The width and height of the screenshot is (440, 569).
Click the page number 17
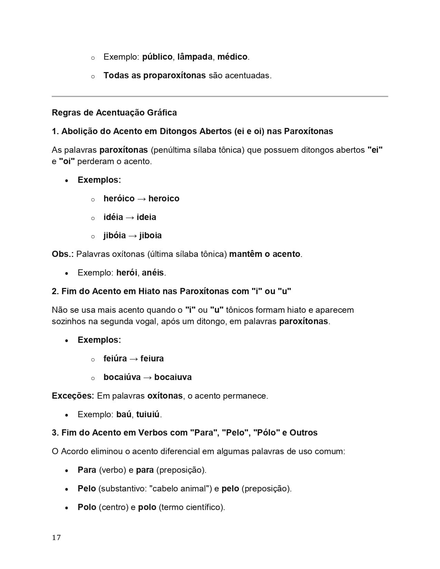click(x=56, y=538)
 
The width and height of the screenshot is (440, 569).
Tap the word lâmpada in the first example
click(x=195, y=57)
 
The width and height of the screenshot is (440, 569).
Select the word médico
click(x=232, y=57)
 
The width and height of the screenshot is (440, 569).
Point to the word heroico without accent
click(x=164, y=199)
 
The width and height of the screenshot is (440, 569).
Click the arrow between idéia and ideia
click(x=130, y=217)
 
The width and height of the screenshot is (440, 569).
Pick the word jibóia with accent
click(x=115, y=236)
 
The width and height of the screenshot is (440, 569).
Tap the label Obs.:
click(x=62, y=254)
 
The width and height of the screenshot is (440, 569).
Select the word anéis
click(x=153, y=273)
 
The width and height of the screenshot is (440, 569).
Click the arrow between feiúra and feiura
click(x=134, y=359)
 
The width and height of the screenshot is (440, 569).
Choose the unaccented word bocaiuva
click(x=173, y=377)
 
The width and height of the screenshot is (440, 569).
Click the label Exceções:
click(x=73, y=396)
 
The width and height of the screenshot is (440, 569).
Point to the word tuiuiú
click(x=148, y=415)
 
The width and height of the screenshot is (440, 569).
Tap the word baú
click(x=124, y=415)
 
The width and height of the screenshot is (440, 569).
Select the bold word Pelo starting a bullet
click(x=87, y=489)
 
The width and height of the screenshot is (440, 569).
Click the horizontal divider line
click(x=220, y=96)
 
